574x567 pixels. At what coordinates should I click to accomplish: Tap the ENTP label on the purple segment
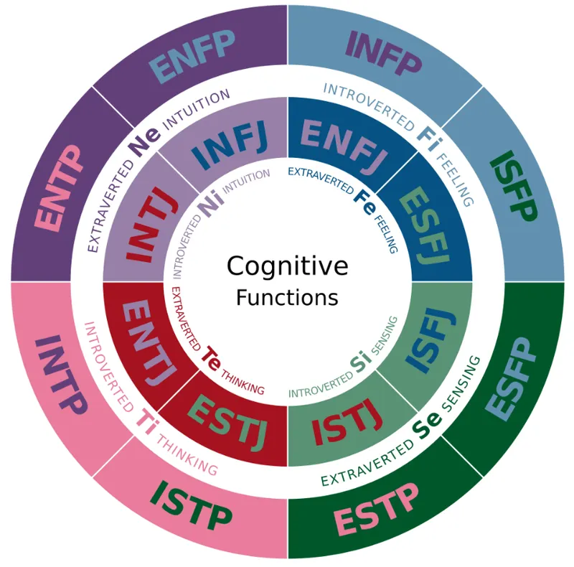point(60,188)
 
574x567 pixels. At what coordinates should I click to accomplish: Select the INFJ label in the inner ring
point(231,145)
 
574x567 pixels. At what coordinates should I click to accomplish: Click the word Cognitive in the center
point(287,266)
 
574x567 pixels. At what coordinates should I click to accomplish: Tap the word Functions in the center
point(287,296)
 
